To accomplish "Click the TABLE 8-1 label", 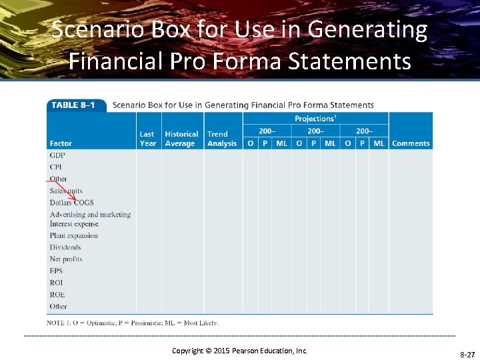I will pos(73,105).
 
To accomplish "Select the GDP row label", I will pos(57,155).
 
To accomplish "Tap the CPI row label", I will pos(55,167).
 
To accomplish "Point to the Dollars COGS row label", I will pos(71,203).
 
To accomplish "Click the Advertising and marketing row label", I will pos(90,215).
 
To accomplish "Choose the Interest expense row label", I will pos(74,224).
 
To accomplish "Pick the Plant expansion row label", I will pos(73,235).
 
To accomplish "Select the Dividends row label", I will pos(65,247).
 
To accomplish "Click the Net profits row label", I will pos(66,259).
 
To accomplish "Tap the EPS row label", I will pos(56,271).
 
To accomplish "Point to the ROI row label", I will pos(56,283).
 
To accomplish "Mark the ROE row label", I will pos(57,295).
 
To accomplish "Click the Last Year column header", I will pos(147,139).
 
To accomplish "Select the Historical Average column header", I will pos(181,139).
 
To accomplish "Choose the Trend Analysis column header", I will pos(221,139).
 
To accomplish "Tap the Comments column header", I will pos(411,143).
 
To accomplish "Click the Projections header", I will pos(315,119).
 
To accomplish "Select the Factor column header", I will pos(61,143).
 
